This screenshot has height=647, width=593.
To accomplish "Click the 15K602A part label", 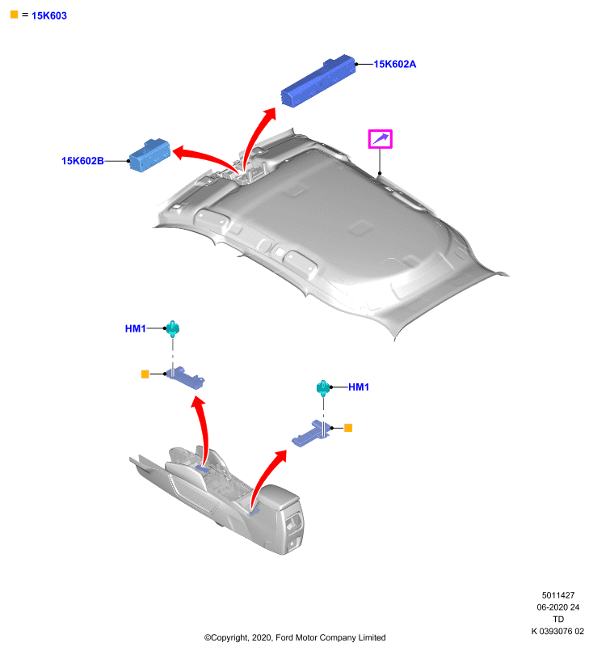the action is pos(394,64).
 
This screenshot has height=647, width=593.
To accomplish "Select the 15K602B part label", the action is pos(82,160).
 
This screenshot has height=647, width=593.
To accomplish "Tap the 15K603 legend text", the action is pos(49,15).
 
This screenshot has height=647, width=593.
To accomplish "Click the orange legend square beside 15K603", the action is pos(14,15).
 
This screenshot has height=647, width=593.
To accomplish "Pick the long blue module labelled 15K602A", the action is pos(318,80).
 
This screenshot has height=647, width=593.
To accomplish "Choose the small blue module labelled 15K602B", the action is pos(149,154).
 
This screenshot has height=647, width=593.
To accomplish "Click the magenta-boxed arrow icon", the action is pos(380,138).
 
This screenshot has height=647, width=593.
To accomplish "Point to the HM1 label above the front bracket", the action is pos(135,328).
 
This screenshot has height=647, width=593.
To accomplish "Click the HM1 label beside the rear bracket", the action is pos(359,387).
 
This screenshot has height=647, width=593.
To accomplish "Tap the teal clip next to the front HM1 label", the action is pos(173,329).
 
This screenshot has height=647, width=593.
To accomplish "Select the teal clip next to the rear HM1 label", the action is pos(323,388).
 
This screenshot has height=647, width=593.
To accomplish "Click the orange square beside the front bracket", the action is pos(145,374).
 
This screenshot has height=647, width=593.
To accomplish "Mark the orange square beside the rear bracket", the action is pos(348,428).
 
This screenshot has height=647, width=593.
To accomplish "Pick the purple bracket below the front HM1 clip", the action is pos(186,377).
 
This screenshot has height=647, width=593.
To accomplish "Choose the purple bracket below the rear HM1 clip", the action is pos(311,434).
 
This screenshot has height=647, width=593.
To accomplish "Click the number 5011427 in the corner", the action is pos(558,595).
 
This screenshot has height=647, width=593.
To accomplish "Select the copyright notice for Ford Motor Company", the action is pos(295,637).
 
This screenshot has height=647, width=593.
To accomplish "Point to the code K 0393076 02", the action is pos(557,631).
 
